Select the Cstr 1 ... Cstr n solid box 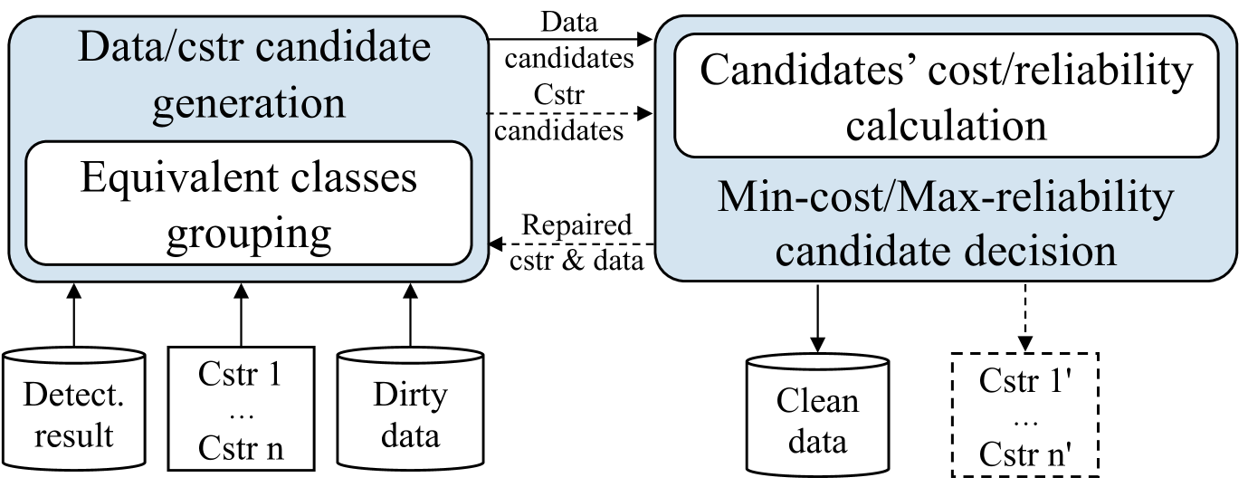coord(241,409)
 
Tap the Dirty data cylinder coord(408,413)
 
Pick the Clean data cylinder coord(817,416)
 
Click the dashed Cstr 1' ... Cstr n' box coord(1024,414)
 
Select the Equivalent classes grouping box coord(249,203)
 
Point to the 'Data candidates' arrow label coord(568,40)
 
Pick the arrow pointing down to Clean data coord(817,317)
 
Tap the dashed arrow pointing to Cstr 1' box coord(1024,317)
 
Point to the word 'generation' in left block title coord(249,102)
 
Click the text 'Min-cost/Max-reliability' coord(946,197)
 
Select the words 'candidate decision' coord(946,251)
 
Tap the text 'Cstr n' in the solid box coord(241,448)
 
